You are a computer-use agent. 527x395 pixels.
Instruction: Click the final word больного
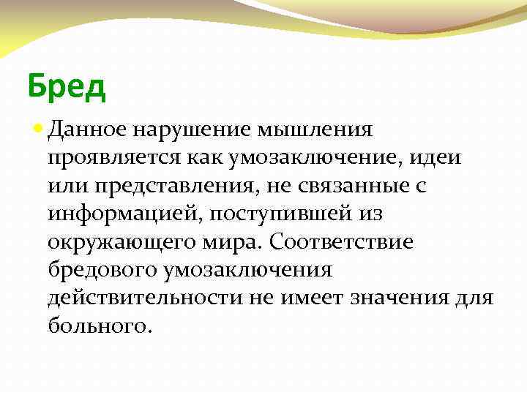point(100,325)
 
